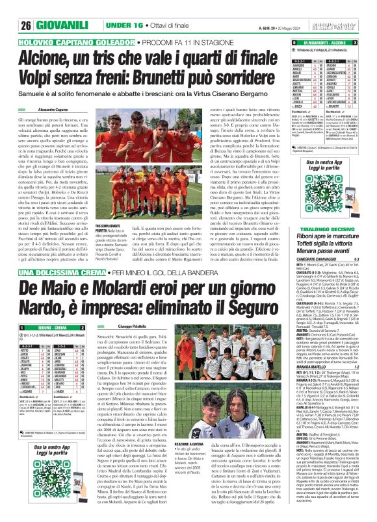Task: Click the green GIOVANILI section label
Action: click(x=45, y=8)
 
